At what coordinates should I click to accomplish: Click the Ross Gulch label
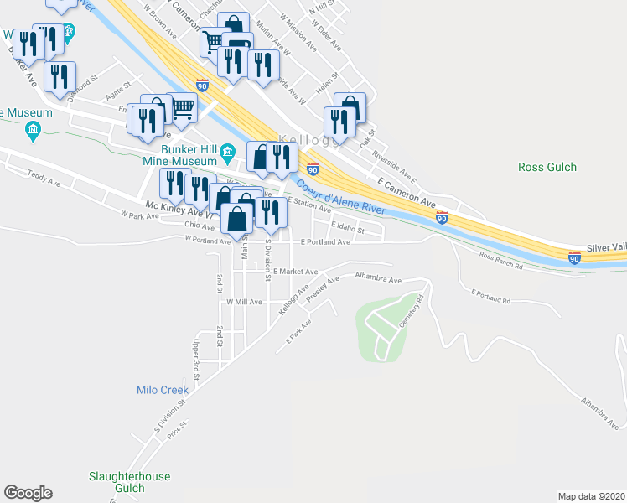pos(547,167)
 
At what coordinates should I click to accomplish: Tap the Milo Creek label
pos(163,390)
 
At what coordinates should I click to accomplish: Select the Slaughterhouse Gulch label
pos(129,482)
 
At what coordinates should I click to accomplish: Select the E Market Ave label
pos(295,272)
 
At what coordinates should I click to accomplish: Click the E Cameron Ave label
pos(407,192)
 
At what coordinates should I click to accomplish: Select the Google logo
pos(28,493)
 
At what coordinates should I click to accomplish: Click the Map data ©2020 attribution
pos(591,496)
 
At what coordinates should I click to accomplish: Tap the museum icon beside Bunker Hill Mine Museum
pos(228,154)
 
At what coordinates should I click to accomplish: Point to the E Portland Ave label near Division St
pos(324,241)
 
